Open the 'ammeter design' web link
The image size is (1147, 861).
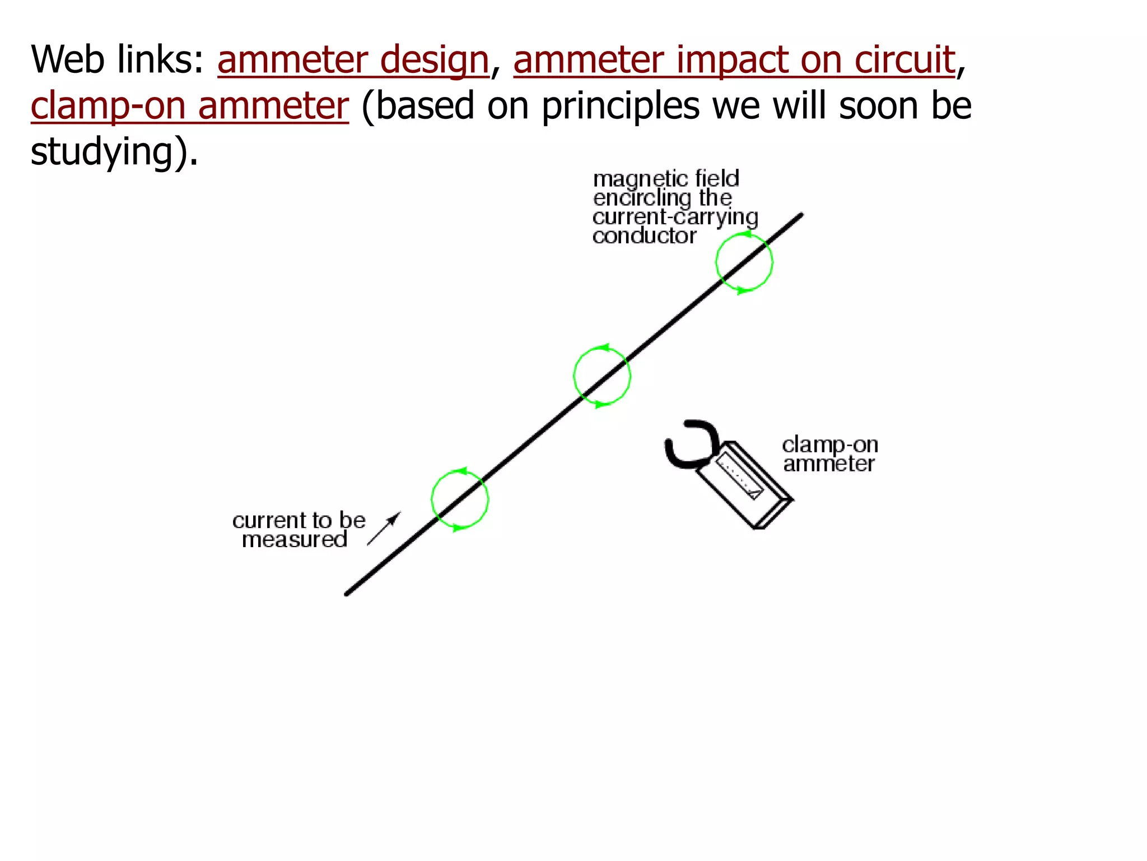[x=353, y=60]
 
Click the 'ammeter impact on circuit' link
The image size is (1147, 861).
[x=734, y=60]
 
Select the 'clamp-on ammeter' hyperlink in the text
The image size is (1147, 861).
[x=189, y=106]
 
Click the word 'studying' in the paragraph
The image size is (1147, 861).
[x=101, y=152]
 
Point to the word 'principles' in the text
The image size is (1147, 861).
[x=620, y=106]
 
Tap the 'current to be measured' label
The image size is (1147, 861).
[x=298, y=530]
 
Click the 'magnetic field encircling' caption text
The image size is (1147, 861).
[x=666, y=188]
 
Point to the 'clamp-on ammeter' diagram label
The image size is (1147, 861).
[x=829, y=454]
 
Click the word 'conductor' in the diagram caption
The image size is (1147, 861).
[x=644, y=236]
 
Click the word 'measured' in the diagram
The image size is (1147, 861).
[x=295, y=540]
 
